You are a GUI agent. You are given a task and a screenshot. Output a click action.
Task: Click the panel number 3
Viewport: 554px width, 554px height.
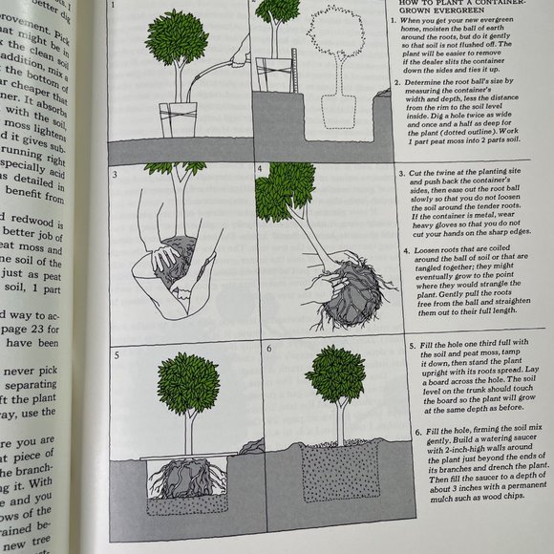pos(114,178)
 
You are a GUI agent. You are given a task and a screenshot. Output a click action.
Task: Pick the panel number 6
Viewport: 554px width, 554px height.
pos(268,350)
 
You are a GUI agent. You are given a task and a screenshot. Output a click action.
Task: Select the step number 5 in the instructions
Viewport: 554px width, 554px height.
pos(412,344)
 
